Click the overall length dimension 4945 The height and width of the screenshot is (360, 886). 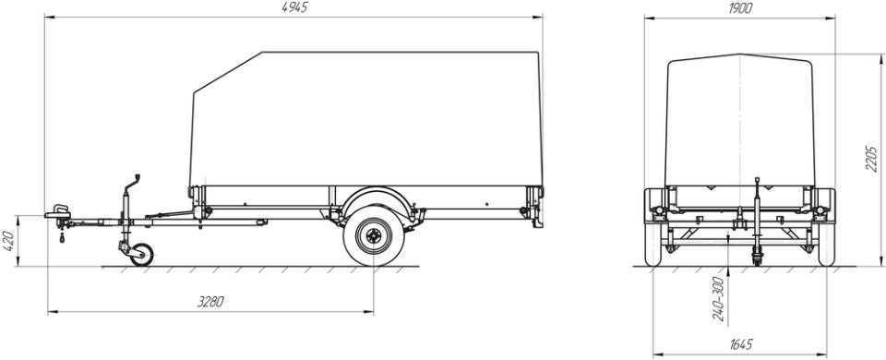tap(294, 8)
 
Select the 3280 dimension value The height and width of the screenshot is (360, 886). tap(210, 302)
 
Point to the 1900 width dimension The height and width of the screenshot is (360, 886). tap(739, 8)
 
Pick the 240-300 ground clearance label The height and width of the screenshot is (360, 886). tap(719, 299)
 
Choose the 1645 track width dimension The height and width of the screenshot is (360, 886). tap(741, 344)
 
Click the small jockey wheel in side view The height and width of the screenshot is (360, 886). tap(140, 255)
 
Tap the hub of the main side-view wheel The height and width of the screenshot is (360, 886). tap(373, 236)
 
